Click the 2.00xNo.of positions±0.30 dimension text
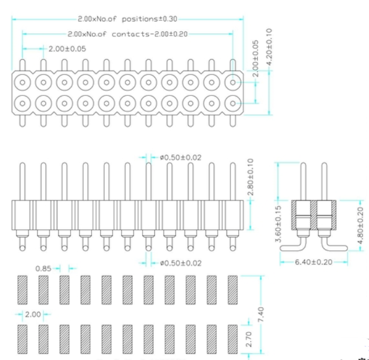pyautogui.click(x=128, y=19)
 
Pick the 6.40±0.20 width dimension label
pyautogui.click(x=314, y=261)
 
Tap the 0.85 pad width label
pyautogui.click(x=42, y=268)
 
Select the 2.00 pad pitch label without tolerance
pyautogui.click(x=33, y=315)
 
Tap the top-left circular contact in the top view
pyautogui.click(x=22, y=82)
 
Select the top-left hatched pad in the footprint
pyautogui.click(x=22, y=290)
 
